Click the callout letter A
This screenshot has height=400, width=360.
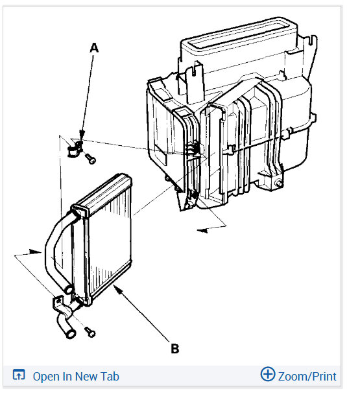[95, 48]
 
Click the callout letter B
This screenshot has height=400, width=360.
[174, 349]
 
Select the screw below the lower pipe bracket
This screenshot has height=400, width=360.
[90, 332]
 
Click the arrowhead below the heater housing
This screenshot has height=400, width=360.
[200, 229]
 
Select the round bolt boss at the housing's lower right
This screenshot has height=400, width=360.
[279, 185]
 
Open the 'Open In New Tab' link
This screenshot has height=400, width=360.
[75, 376]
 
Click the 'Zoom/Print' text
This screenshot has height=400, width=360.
[307, 376]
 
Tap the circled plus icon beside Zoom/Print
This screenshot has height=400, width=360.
[267, 374]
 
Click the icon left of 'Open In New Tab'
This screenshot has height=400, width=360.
[19, 375]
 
